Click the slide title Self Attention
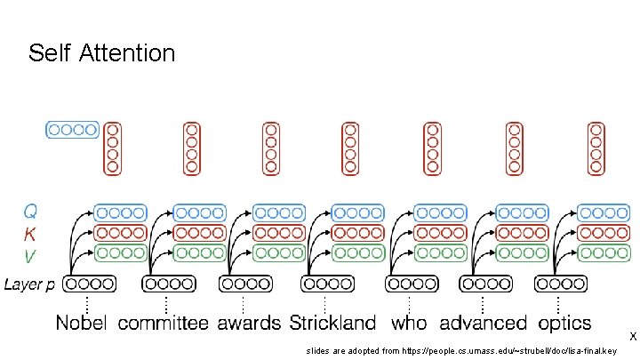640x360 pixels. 101,53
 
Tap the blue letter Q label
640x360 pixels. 30,212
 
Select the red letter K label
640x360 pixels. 30,234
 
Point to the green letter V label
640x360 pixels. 30,255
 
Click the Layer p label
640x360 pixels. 29,284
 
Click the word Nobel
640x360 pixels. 82,323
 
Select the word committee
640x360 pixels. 164,323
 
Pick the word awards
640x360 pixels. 249,323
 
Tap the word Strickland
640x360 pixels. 332,323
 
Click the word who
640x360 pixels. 409,323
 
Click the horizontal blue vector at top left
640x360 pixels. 72,130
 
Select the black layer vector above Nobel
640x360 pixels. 90,284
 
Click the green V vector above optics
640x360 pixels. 604,252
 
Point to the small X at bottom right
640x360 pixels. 632,336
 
